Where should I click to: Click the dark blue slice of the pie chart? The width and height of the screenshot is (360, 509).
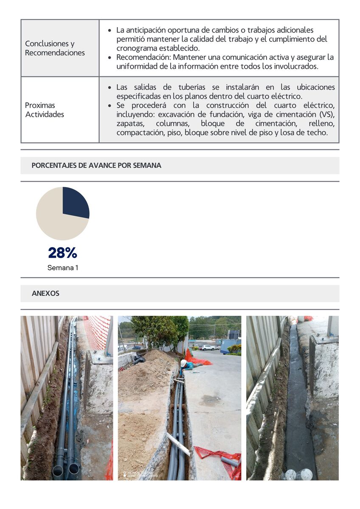[75, 202]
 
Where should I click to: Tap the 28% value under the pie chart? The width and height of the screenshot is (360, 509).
[62, 253]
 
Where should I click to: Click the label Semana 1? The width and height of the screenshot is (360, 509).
[62, 268]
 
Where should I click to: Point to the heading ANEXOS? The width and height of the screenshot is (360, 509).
[45, 293]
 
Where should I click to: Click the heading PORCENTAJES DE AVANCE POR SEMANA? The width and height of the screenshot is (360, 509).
[96, 166]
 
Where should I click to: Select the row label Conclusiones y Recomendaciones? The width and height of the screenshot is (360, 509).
[55, 48]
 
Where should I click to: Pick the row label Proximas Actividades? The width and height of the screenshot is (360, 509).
[44, 110]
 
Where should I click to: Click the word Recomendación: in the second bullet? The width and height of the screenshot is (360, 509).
[143, 57]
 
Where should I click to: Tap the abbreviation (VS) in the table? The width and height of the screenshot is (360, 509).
[325, 114]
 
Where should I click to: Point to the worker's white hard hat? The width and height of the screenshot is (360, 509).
[184, 363]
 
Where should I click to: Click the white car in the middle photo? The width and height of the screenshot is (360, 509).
[208, 347]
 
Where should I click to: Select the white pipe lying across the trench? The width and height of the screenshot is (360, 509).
[178, 444]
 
